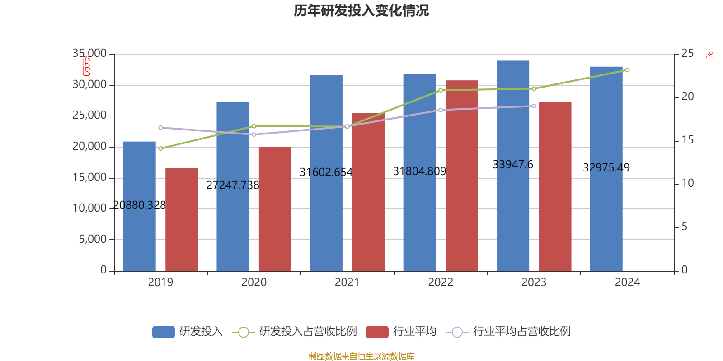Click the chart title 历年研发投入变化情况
(361, 11)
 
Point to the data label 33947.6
(513, 165)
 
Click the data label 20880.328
(139, 205)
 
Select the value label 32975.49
(606, 168)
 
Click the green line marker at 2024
(627, 70)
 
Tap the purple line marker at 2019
(160, 128)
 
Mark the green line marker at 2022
(441, 90)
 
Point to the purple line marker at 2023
(534, 106)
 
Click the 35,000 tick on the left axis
(90, 54)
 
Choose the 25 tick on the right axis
(687, 54)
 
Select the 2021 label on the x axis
(347, 282)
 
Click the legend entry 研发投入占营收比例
(307, 332)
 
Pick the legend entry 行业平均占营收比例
(521, 332)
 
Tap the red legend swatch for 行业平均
(377, 332)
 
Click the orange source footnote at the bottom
(361, 356)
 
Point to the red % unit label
(709, 55)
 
